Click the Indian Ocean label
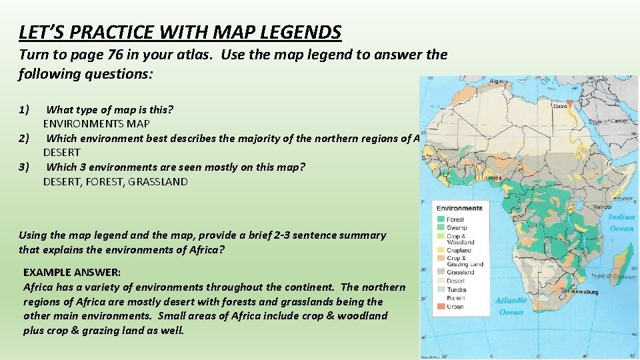621,223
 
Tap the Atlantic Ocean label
511,305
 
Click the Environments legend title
459,208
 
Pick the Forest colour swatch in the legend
441,219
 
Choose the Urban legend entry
455,306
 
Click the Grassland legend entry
460,272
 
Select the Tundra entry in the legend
457,289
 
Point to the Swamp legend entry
457,228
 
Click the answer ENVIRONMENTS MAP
97,123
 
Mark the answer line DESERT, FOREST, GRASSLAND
115,181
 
